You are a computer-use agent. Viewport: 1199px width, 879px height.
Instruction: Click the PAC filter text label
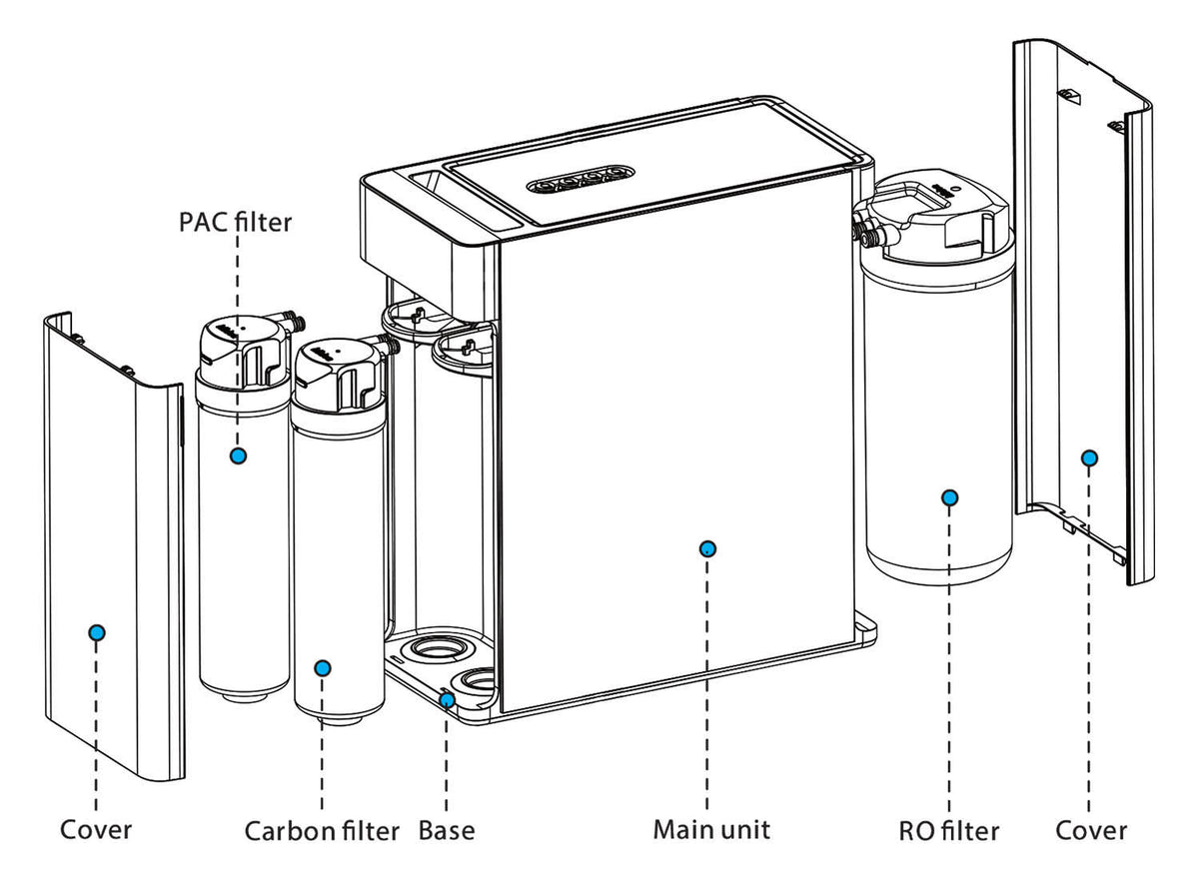coord(236,222)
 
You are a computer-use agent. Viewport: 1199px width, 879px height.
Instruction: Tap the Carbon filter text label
coord(322,831)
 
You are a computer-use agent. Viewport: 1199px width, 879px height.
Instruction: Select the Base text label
coord(447,830)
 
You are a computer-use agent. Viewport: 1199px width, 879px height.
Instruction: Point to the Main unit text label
coord(711,829)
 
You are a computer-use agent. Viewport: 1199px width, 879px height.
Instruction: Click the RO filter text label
coord(948,831)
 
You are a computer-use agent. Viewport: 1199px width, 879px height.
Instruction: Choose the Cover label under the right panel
coord(1091,830)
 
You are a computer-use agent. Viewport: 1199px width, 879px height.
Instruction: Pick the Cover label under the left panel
coord(96,830)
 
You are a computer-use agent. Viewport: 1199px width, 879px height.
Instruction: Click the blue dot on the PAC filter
coord(238,455)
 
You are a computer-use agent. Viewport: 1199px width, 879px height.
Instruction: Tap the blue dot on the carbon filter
coord(322,667)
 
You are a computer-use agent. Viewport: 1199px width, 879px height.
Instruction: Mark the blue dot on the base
coord(447,700)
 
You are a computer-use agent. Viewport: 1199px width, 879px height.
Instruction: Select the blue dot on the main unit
coord(707,548)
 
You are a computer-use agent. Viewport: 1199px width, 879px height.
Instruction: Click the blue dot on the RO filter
coord(949,497)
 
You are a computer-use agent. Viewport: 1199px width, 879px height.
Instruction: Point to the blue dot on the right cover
coord(1089,457)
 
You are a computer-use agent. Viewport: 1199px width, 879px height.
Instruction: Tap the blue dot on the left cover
coord(97,633)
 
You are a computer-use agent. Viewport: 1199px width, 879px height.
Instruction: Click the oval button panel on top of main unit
coord(581,179)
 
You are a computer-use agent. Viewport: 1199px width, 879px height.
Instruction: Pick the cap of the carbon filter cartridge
coord(340,375)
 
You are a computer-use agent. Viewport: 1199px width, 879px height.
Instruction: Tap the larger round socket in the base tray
coord(436,649)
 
